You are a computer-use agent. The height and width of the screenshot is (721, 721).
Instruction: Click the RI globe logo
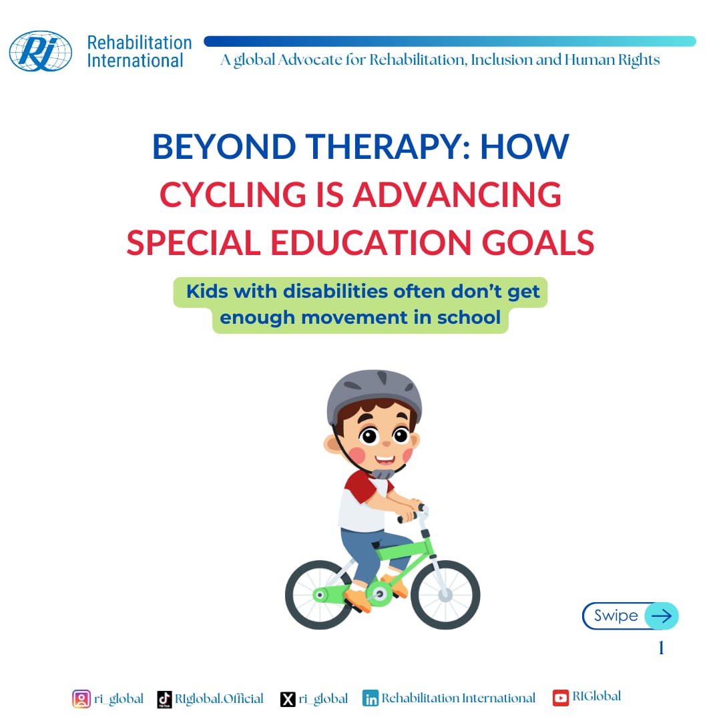40,51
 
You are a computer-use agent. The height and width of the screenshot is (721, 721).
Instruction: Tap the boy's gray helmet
374,397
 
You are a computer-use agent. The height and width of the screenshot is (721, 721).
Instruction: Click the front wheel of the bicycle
445,594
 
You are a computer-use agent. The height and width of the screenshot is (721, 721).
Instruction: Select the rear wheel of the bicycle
320,595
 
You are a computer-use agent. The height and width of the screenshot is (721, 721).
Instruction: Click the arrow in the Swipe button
661,616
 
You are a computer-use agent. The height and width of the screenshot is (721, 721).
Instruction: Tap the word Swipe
616,616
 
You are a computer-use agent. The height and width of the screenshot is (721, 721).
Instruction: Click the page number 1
661,648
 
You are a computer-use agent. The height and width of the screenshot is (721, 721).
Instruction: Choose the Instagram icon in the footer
81,699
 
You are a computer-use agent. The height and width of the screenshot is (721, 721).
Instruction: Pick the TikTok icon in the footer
164,699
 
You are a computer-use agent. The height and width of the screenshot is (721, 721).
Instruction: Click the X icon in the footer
288,699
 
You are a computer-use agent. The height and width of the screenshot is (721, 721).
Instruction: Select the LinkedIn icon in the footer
371,699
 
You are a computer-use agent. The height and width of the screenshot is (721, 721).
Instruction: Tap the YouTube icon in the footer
561,698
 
